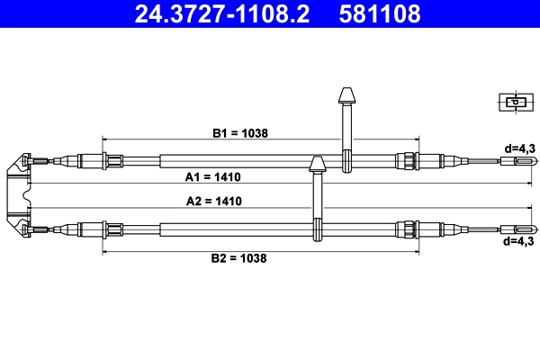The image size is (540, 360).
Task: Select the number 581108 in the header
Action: (x=377, y=14)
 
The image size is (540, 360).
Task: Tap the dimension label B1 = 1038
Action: (x=240, y=132)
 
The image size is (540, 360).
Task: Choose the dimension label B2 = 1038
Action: (x=239, y=257)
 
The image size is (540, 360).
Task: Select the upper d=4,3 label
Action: (x=519, y=147)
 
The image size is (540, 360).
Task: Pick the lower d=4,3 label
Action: (x=519, y=241)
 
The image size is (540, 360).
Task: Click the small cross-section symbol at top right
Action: (x=513, y=103)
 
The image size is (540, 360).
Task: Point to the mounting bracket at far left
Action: (x=18, y=194)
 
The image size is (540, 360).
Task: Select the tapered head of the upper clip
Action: (x=346, y=95)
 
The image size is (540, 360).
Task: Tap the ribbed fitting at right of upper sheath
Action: (x=407, y=162)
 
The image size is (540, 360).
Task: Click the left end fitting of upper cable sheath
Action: (x=112, y=162)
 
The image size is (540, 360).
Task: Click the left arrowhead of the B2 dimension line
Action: (x=105, y=252)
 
